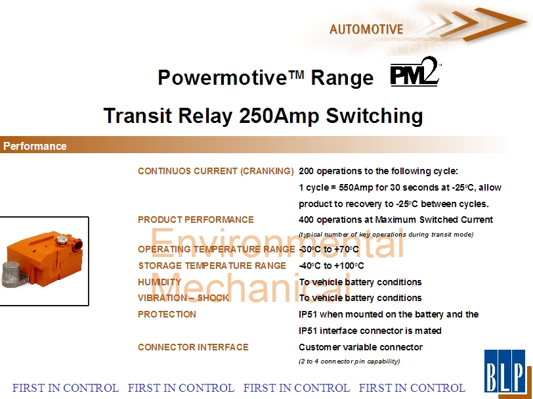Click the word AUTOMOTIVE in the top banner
coord(366,30)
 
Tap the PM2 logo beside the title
coord(416,72)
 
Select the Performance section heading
coord(35,146)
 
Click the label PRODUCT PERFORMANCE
coord(196,220)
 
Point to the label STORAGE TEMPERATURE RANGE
coord(212,266)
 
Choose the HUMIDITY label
coord(160,282)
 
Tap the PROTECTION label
coord(167,314)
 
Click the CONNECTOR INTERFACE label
coord(193,347)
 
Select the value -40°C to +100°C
coord(331,266)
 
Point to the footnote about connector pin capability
coord(349,362)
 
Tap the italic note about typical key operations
coord(386,234)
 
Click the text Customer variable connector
coord(360,347)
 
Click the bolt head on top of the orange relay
coord(62,240)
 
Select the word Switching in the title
coord(374,116)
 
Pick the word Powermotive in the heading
coord(223,78)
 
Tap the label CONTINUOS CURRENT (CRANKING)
coord(216,171)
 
